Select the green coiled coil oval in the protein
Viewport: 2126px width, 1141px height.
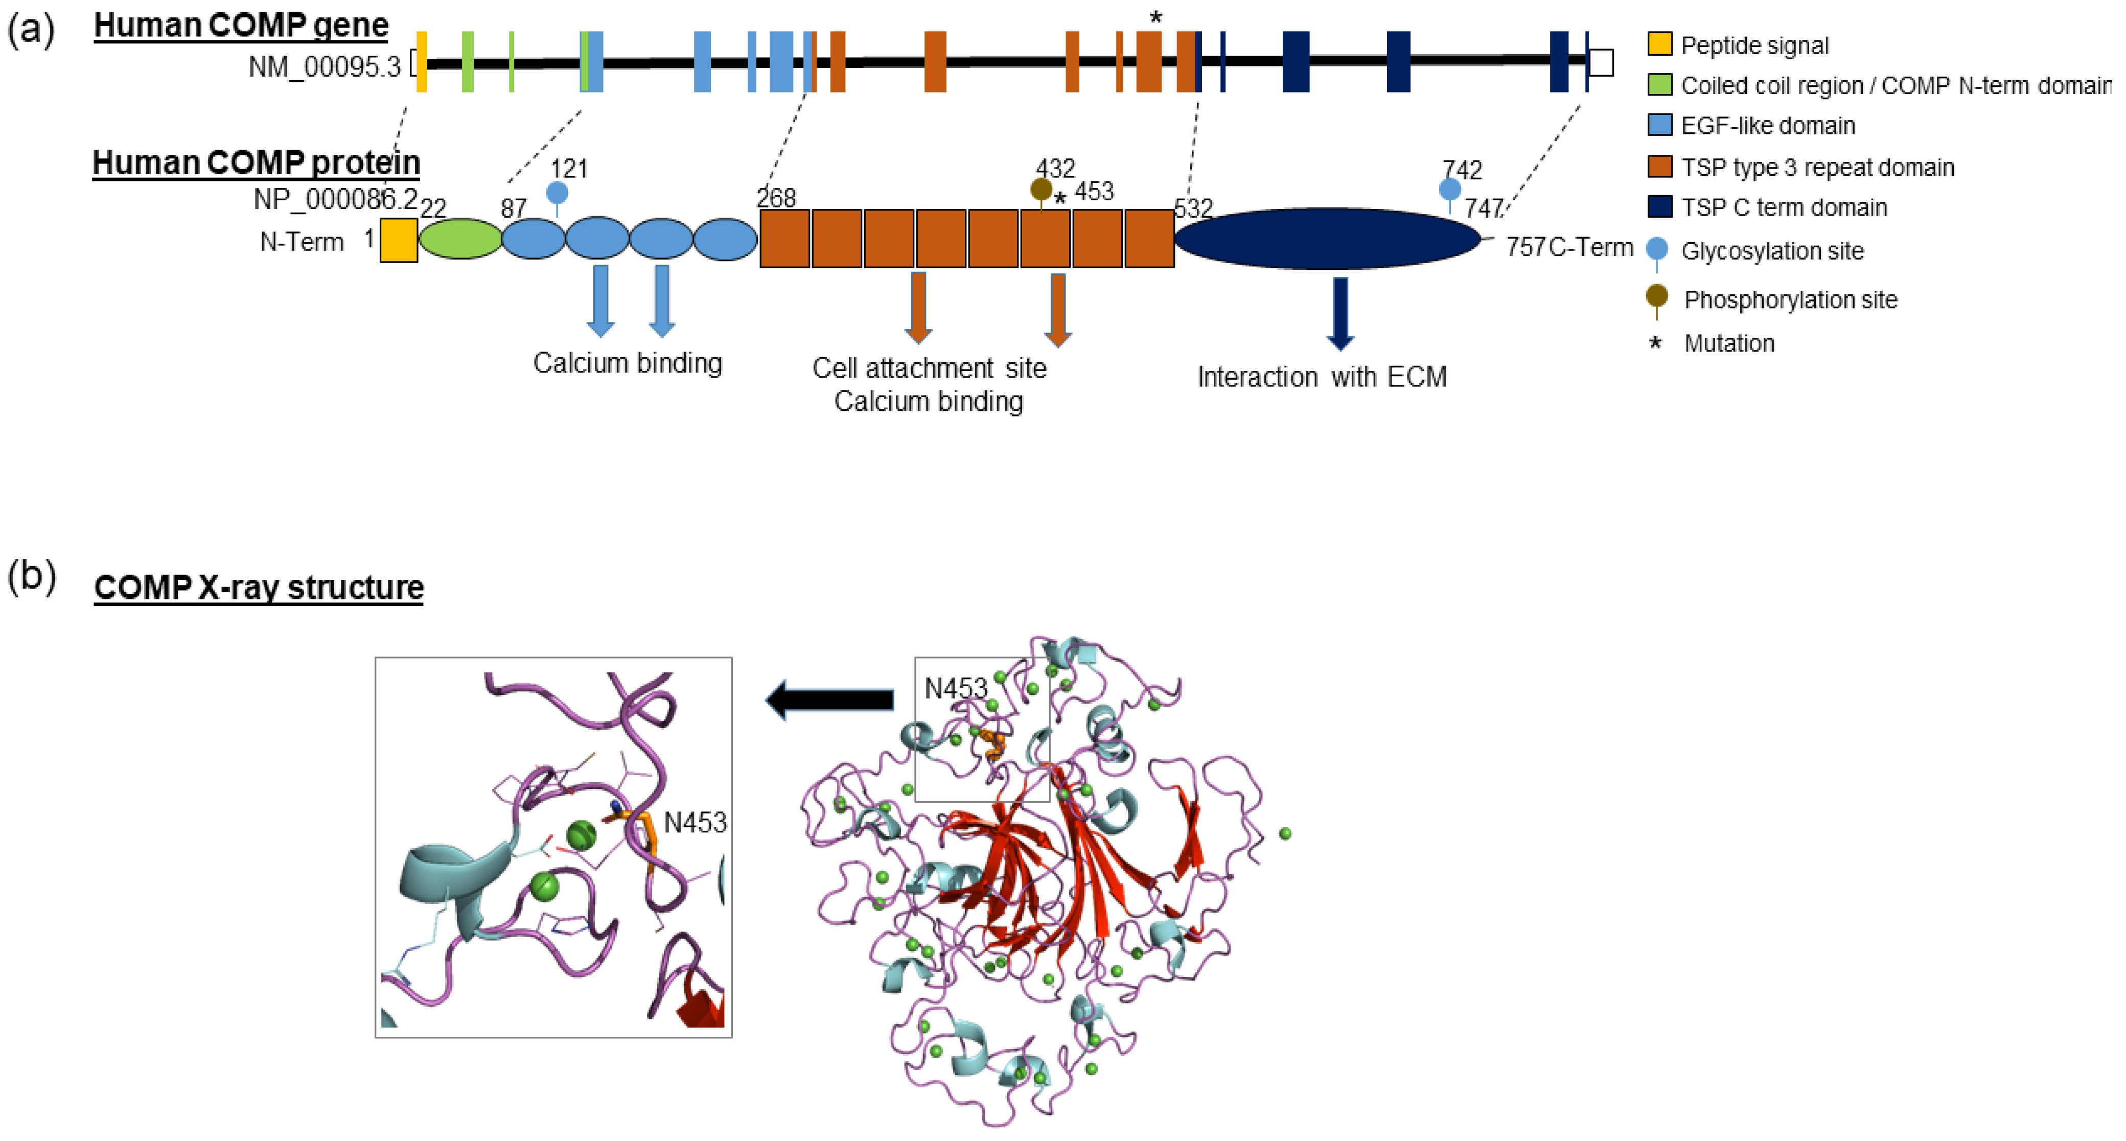(460, 239)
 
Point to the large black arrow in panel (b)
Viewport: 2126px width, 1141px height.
(829, 700)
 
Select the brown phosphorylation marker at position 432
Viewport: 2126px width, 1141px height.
(1041, 190)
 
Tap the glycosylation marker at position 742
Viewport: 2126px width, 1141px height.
(1449, 190)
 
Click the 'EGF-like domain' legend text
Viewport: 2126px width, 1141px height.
(1767, 125)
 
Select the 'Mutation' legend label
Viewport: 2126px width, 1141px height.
(1728, 343)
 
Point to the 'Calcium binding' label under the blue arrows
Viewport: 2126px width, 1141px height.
(627, 363)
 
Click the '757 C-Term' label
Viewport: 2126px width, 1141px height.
(1568, 247)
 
